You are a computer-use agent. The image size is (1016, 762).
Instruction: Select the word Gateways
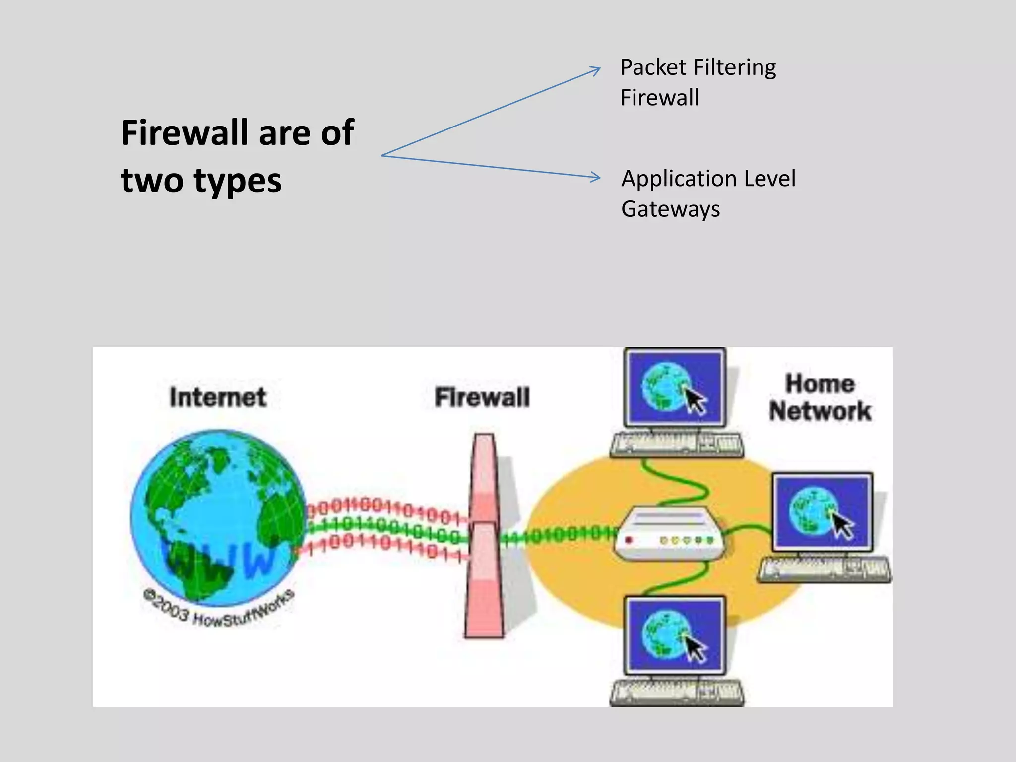(x=670, y=209)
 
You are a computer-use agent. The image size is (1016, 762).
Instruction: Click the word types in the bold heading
(x=238, y=181)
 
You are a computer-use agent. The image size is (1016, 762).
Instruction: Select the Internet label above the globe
(x=218, y=397)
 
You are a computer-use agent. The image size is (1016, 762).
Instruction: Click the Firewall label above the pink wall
(x=482, y=397)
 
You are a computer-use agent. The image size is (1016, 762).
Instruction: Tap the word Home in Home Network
(x=820, y=384)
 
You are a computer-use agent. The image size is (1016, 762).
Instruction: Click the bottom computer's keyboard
(x=677, y=692)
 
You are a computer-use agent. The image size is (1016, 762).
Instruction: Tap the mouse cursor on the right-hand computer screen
(x=841, y=525)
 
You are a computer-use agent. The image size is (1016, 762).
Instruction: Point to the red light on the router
(x=629, y=540)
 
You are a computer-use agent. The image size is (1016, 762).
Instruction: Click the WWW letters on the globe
(x=218, y=561)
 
